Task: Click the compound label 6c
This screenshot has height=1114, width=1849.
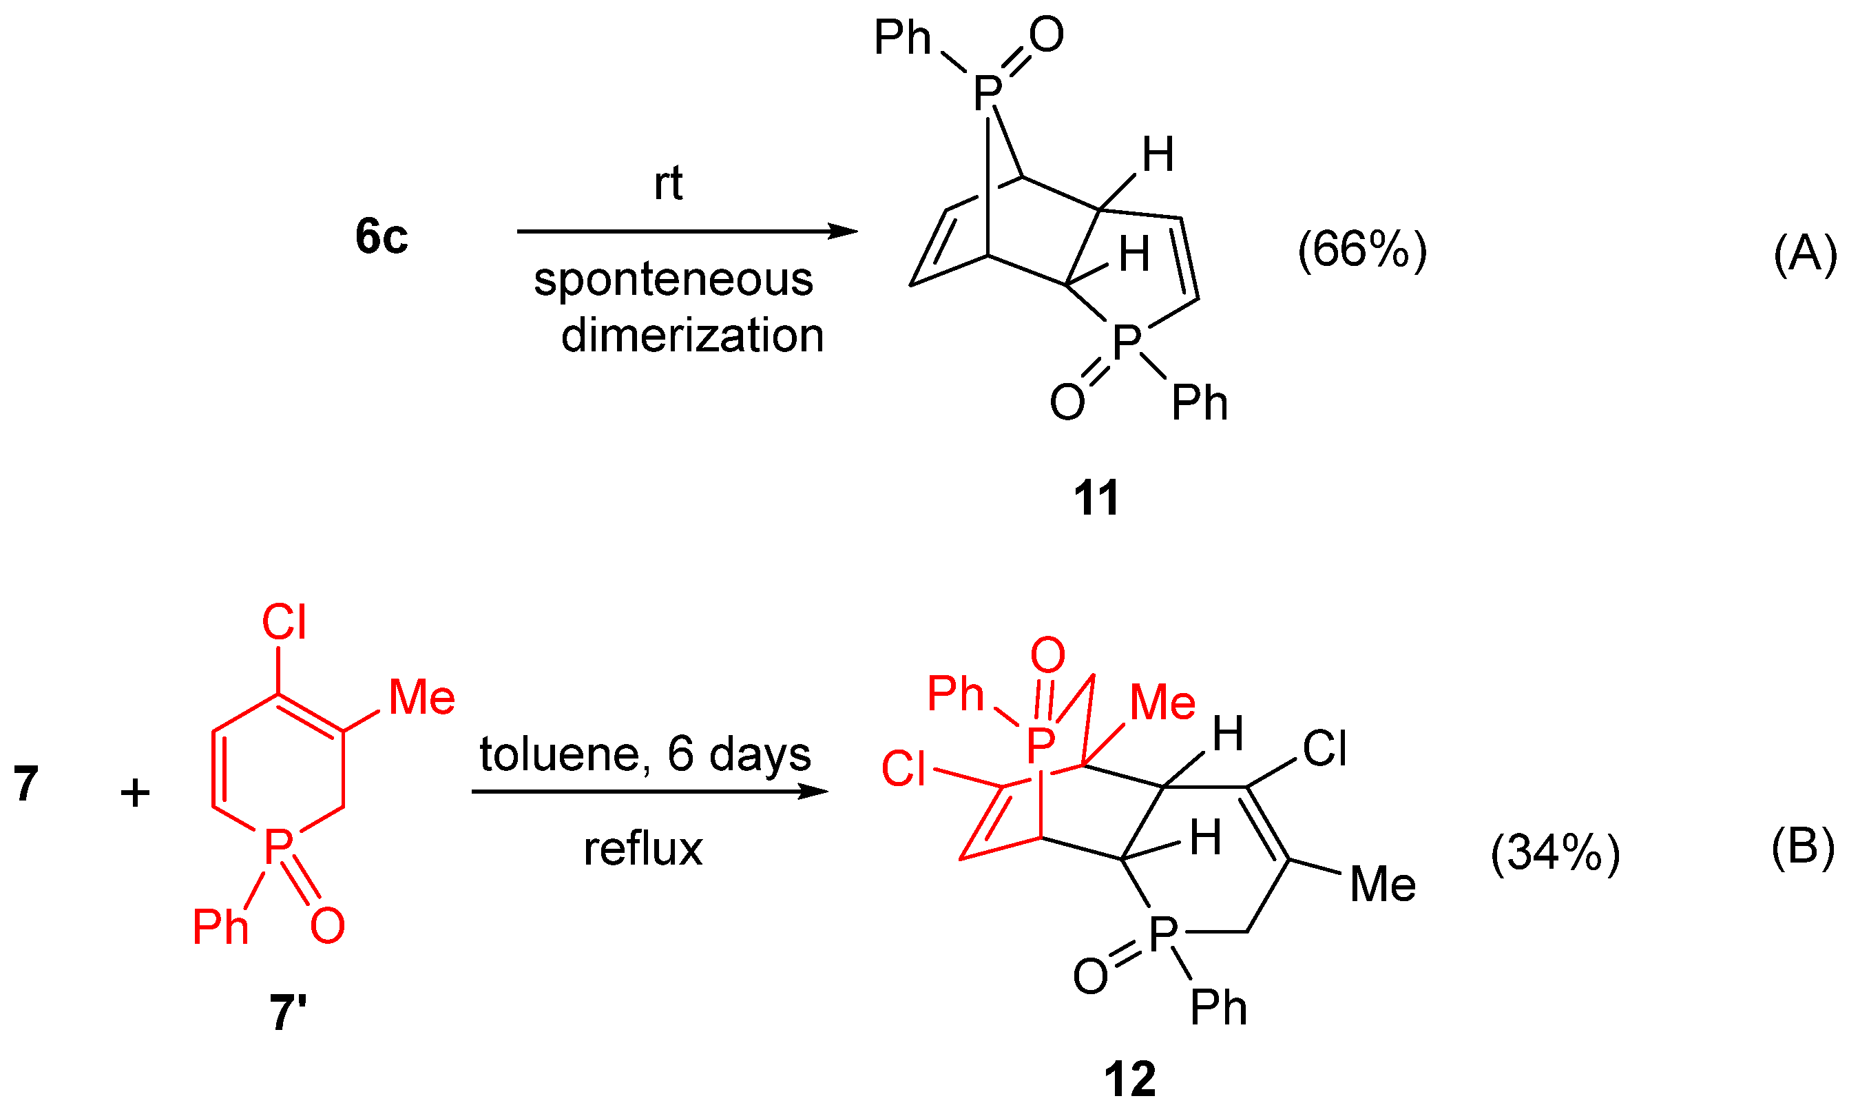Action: [382, 236]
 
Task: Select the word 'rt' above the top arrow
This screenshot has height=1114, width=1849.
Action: [668, 183]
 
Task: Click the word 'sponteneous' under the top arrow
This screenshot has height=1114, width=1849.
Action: [673, 280]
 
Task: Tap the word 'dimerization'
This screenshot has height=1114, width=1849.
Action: [692, 335]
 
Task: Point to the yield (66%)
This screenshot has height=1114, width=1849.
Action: [1362, 250]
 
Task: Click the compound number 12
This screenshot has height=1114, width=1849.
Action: [1130, 1080]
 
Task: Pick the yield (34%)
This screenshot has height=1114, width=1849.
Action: [1555, 854]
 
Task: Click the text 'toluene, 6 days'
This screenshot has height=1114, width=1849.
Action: [645, 754]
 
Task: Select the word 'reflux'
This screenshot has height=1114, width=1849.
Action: [643, 849]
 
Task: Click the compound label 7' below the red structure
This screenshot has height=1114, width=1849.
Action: [288, 1013]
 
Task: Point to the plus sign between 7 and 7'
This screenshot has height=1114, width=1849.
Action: [135, 794]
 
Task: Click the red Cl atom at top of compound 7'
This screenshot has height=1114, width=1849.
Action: [284, 622]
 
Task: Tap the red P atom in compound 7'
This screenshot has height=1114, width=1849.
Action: [278, 847]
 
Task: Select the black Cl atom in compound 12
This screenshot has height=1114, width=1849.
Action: [1324, 749]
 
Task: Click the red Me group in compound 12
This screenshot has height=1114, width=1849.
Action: [1162, 703]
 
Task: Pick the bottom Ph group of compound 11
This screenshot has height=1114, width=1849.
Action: [1199, 403]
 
